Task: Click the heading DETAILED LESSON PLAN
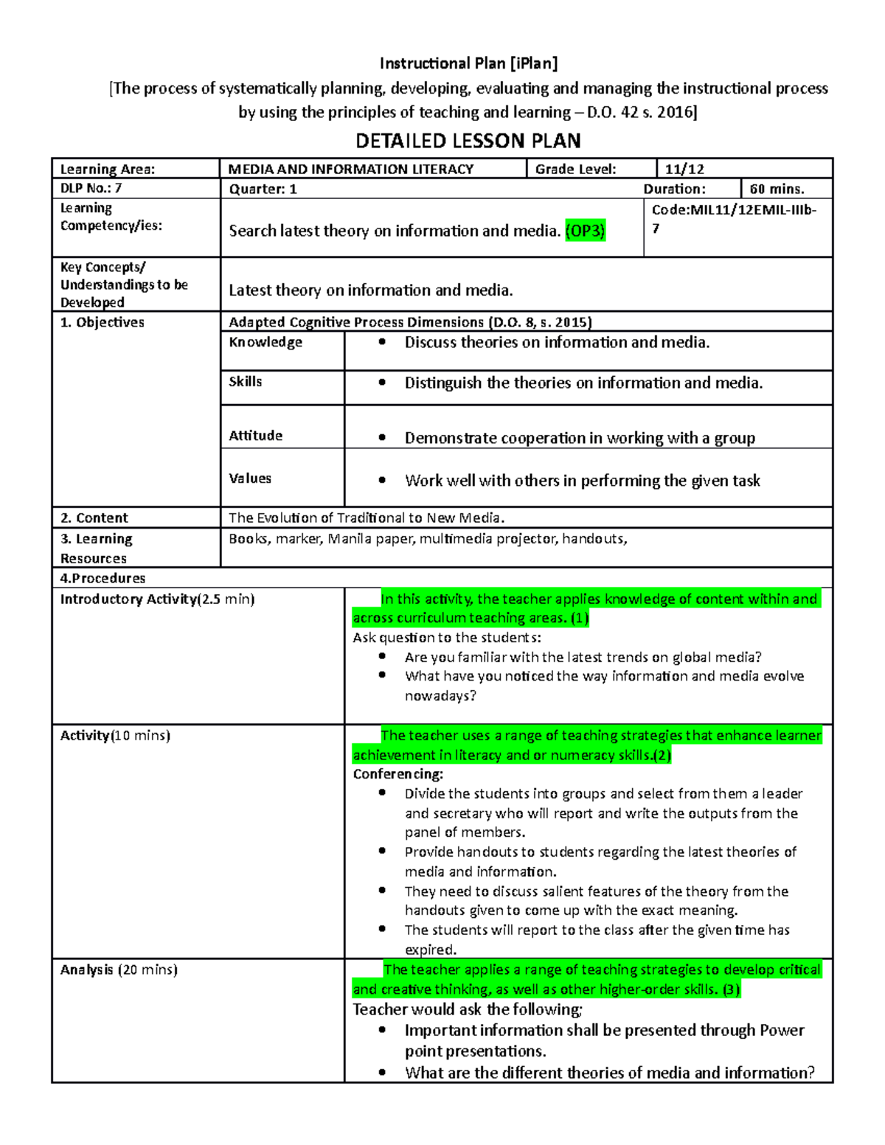(468, 141)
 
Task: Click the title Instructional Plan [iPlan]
(468, 63)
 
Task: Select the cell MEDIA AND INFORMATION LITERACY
(351, 169)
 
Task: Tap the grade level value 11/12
(684, 169)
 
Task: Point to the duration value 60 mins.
(777, 189)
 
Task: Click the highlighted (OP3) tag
(585, 231)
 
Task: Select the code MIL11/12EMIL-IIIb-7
(734, 218)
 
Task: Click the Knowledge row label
(265, 342)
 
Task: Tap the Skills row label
(246, 381)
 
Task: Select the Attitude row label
(255, 436)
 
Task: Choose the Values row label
(250, 478)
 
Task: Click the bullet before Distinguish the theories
(381, 383)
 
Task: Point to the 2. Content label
(94, 518)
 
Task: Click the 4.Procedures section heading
(103, 578)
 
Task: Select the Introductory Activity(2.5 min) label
(157, 599)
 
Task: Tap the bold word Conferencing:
(398, 774)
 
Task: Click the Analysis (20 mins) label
(119, 970)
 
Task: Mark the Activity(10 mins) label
(115, 735)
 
